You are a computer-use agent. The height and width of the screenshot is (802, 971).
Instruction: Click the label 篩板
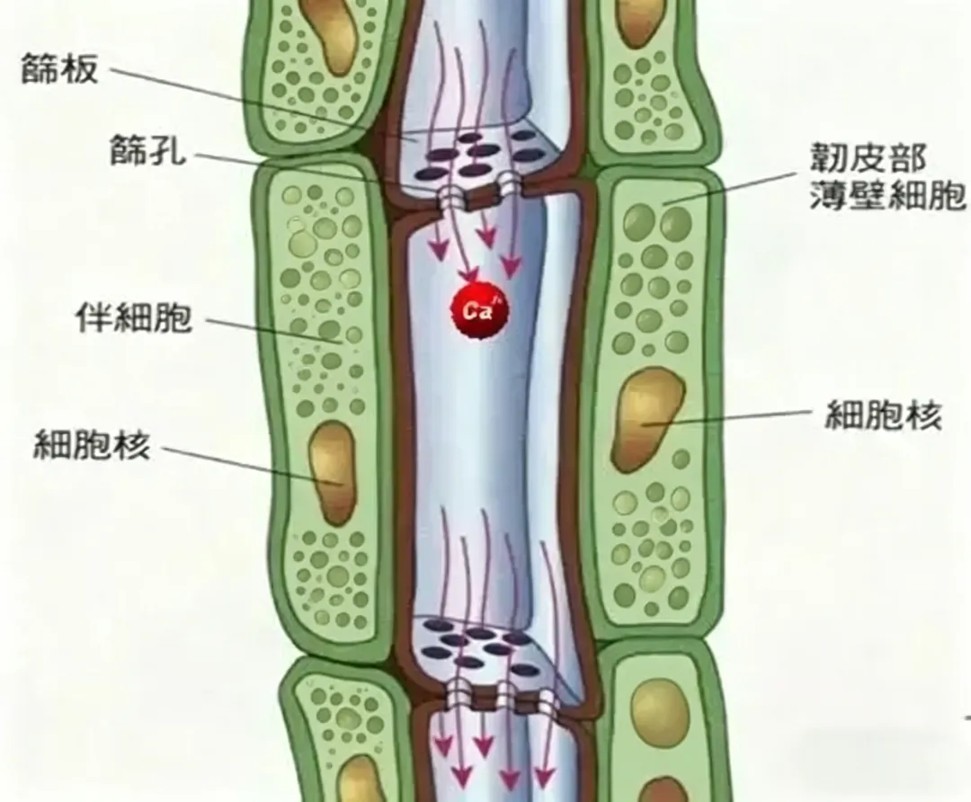click(x=59, y=70)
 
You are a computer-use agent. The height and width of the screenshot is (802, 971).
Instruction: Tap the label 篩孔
click(x=147, y=151)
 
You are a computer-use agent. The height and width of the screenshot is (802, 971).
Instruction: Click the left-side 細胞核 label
click(x=92, y=445)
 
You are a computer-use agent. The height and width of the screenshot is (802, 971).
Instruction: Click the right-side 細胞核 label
click(x=883, y=416)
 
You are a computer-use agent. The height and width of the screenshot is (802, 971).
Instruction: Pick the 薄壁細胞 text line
click(x=886, y=196)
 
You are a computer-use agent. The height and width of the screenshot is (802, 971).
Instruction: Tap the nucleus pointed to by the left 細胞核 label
click(x=332, y=471)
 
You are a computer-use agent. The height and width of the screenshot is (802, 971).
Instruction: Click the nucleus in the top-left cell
click(x=330, y=34)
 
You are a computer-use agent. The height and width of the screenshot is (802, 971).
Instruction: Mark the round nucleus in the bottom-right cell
click(x=659, y=710)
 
